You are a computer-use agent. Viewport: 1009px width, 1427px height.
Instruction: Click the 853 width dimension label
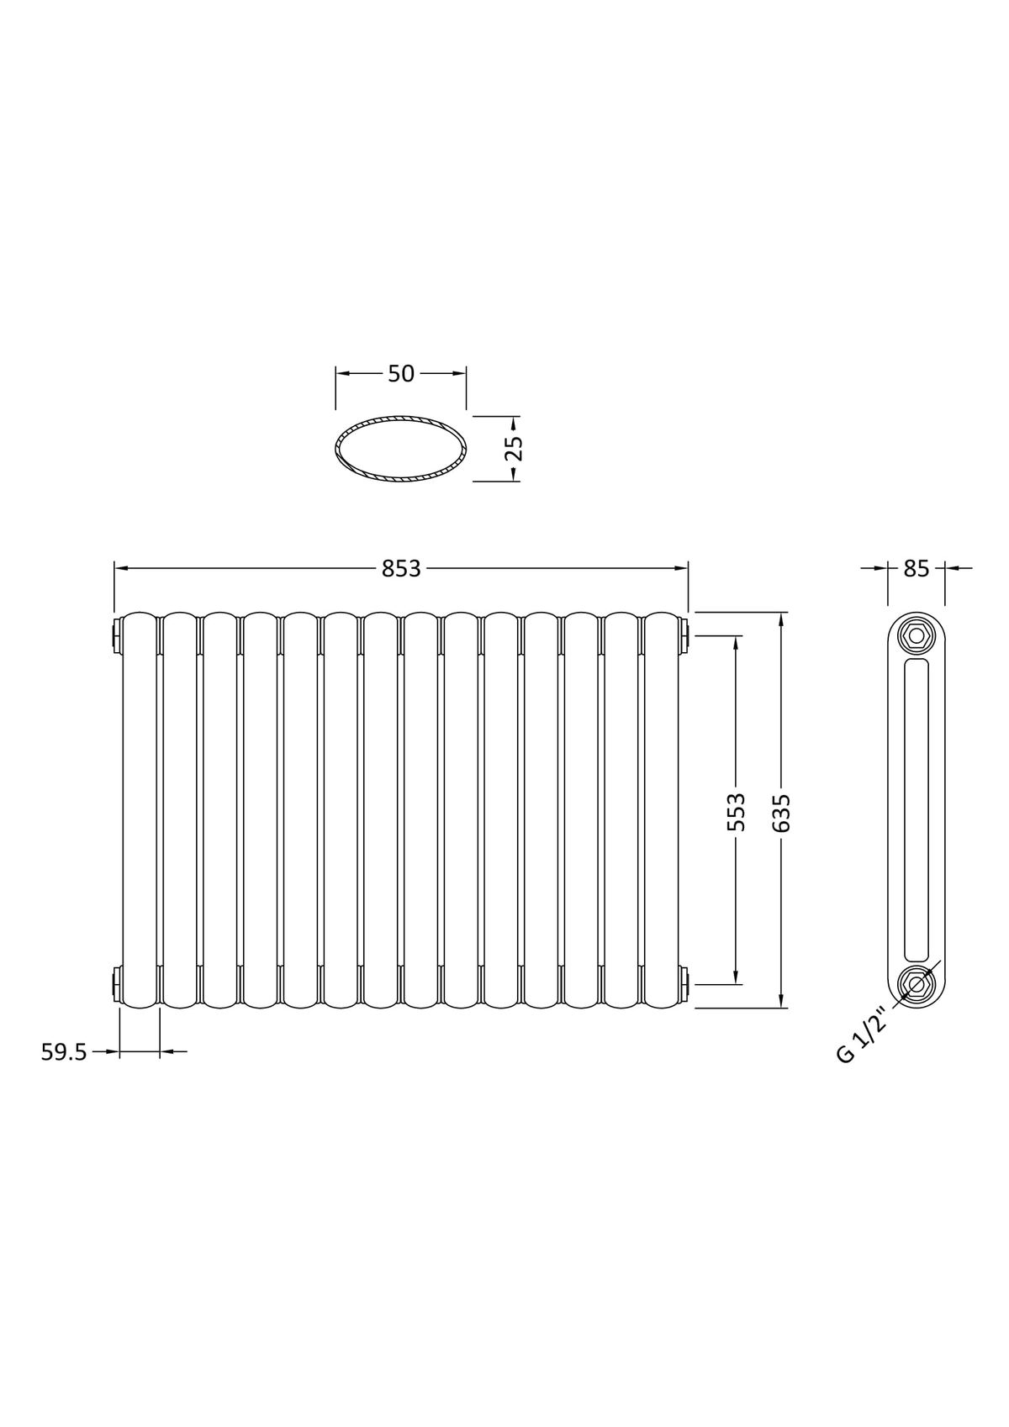(401, 568)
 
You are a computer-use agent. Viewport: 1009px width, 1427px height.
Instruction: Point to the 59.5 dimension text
(63, 1052)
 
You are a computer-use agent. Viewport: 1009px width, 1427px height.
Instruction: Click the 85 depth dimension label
(916, 568)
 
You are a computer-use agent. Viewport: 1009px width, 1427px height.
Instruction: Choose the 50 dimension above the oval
(401, 374)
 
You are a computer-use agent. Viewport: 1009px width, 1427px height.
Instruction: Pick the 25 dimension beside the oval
(513, 448)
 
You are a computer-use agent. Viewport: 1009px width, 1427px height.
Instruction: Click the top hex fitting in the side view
(916, 636)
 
